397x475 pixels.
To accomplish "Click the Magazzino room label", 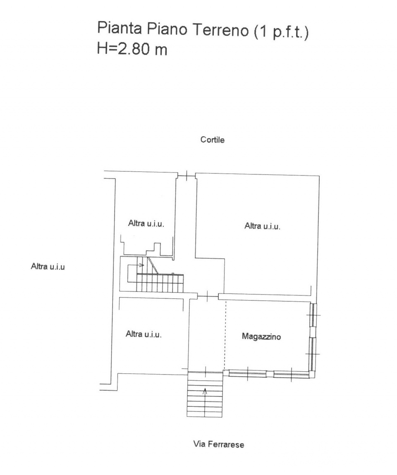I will (x=261, y=337).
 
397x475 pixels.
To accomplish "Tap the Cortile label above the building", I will (x=212, y=140).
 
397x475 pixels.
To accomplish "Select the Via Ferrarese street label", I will (x=218, y=445).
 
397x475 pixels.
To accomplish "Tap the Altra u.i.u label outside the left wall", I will (x=48, y=267).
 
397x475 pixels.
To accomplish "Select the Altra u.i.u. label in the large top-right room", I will (x=263, y=226).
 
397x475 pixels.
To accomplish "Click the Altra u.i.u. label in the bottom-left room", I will (x=143, y=334).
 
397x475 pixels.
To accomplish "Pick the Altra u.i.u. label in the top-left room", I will (x=146, y=224).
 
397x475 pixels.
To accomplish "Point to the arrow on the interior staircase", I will (x=141, y=265).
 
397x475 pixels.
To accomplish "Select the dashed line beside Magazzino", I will (x=225, y=335).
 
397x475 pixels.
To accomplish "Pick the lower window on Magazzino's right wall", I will (x=313, y=354).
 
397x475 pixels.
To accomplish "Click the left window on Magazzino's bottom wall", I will (x=247, y=374).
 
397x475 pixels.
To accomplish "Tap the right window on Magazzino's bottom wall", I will (x=291, y=375).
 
